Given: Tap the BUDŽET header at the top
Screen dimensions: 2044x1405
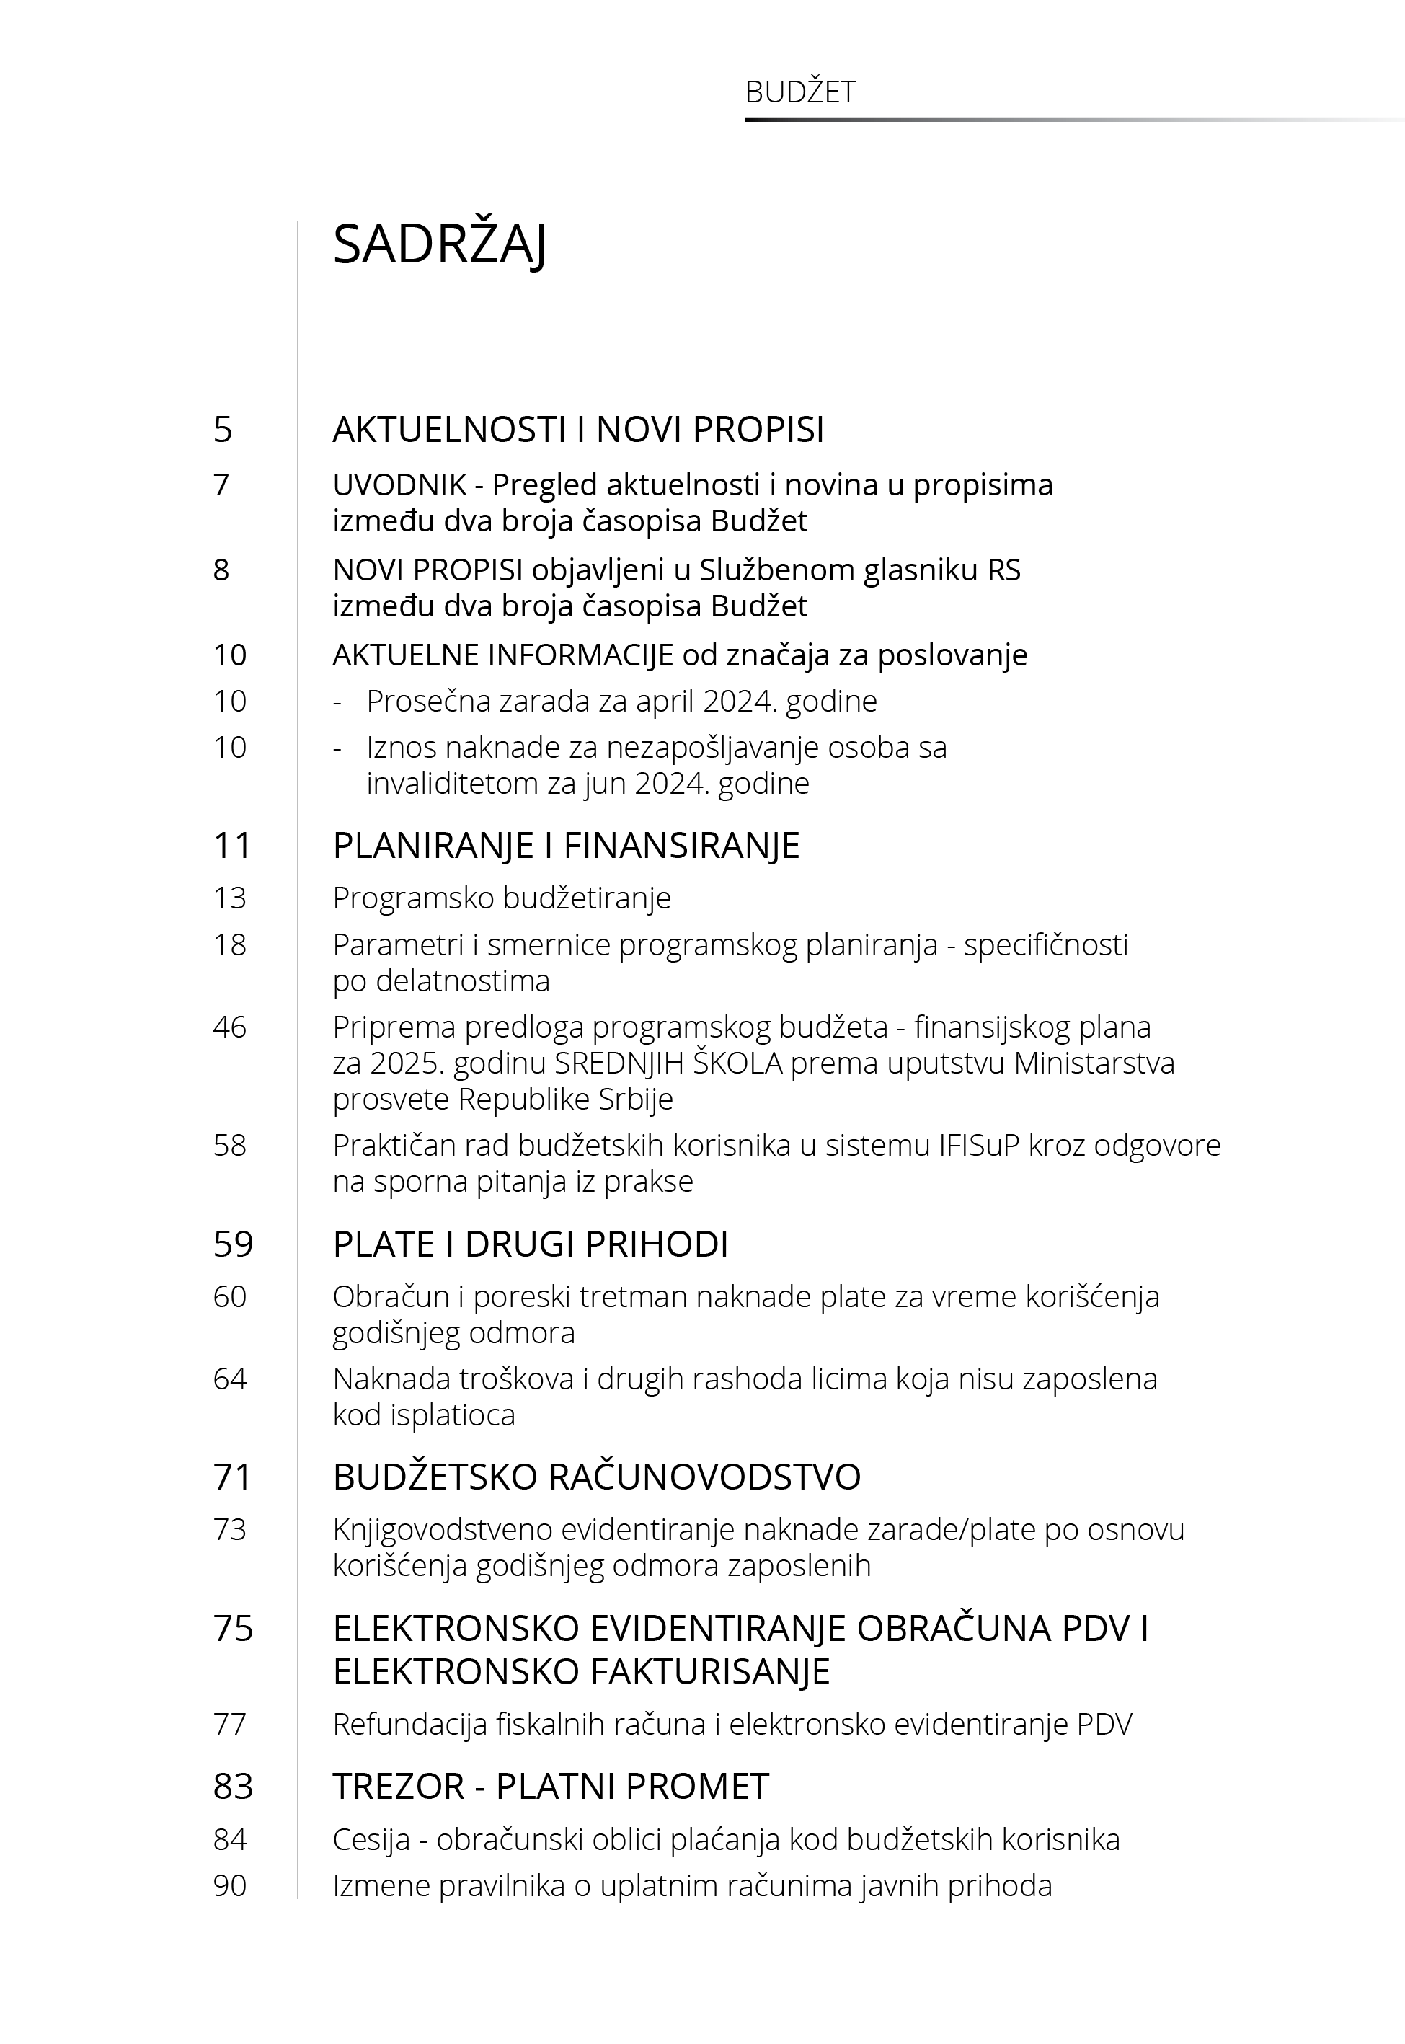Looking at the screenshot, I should (799, 92).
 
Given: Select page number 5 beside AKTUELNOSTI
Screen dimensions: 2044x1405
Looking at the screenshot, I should (223, 430).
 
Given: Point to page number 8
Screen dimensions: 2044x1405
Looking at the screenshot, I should (221, 570).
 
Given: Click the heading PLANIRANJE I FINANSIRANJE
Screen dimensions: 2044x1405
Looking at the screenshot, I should (566, 846).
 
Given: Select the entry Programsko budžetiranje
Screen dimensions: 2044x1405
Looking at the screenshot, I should (502, 898).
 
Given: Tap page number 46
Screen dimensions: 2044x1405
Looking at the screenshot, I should (230, 1027).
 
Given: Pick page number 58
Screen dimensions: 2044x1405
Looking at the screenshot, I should (230, 1145).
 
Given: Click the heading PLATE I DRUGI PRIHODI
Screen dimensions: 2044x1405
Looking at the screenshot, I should (530, 1244).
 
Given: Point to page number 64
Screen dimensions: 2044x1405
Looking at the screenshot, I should (230, 1379).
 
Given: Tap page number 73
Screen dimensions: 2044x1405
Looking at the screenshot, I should (230, 1530).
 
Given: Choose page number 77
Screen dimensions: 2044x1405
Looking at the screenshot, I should (230, 1724).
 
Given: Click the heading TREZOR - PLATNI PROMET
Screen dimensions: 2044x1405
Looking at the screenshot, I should (550, 1787).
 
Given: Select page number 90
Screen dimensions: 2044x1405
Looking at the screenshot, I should (230, 1885).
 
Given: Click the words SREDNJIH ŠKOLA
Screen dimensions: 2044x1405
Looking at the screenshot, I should (668, 1063).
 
